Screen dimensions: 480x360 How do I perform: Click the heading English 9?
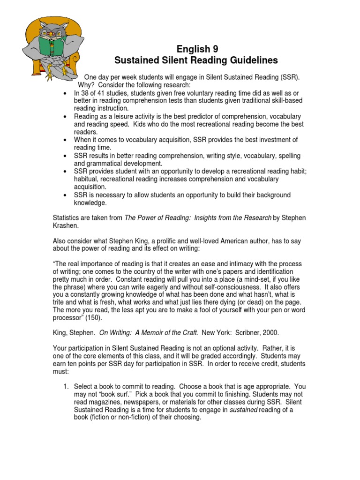point(197,49)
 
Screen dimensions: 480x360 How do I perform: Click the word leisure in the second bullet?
point(126,116)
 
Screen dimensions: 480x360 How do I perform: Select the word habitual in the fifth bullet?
point(88,180)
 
